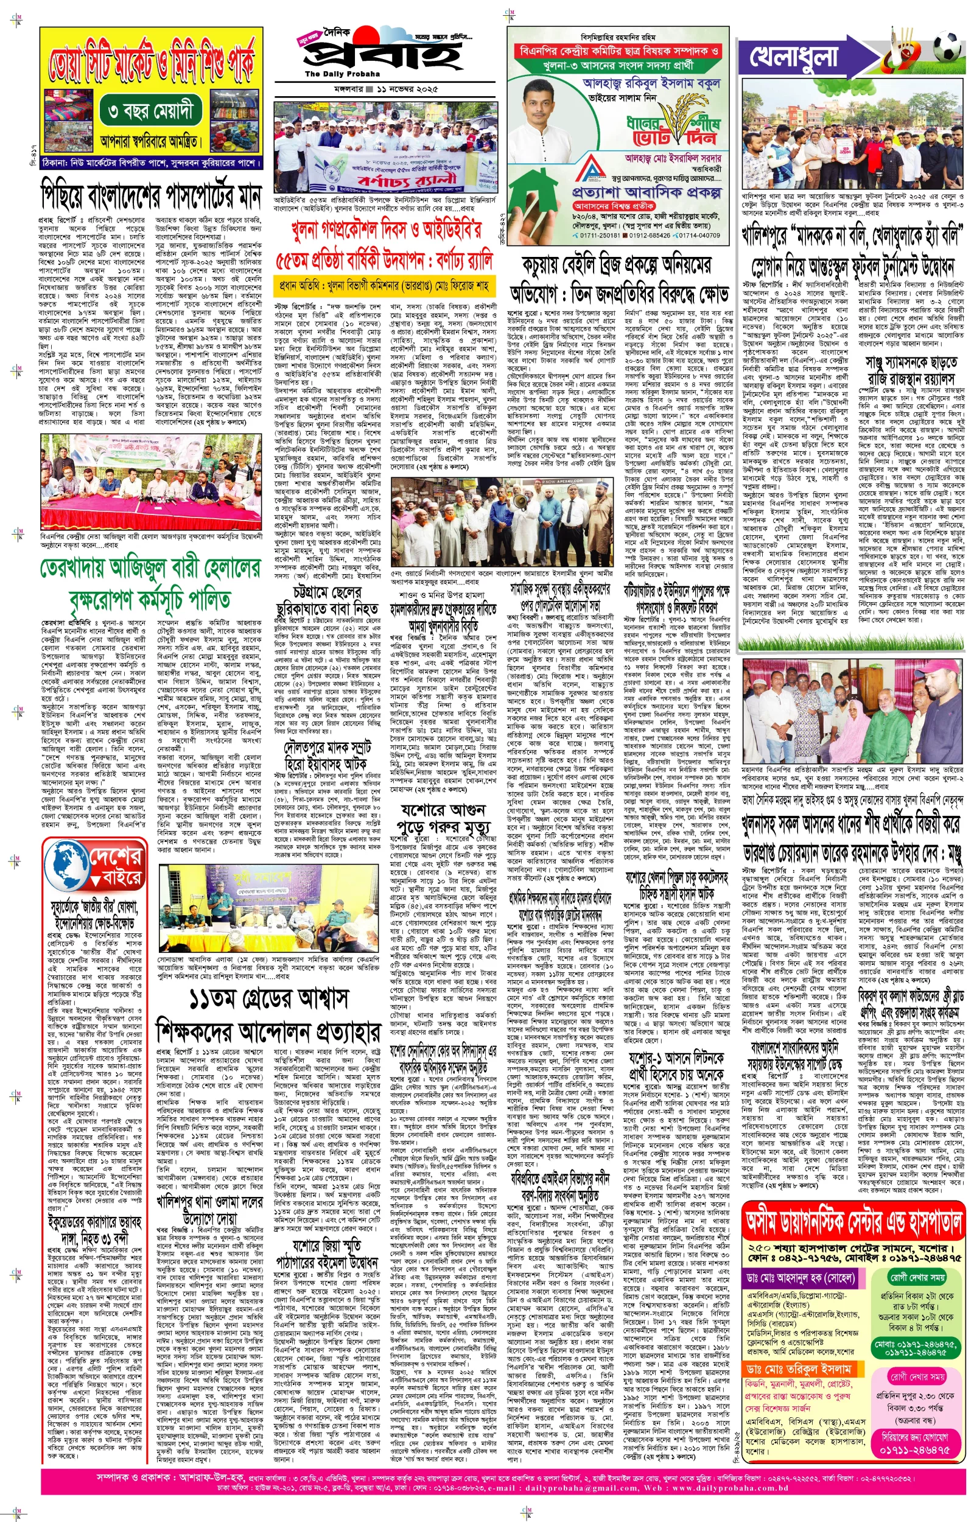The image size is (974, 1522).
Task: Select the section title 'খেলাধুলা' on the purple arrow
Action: click(794, 56)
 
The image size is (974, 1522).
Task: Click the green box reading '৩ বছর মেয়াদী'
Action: click(150, 111)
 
